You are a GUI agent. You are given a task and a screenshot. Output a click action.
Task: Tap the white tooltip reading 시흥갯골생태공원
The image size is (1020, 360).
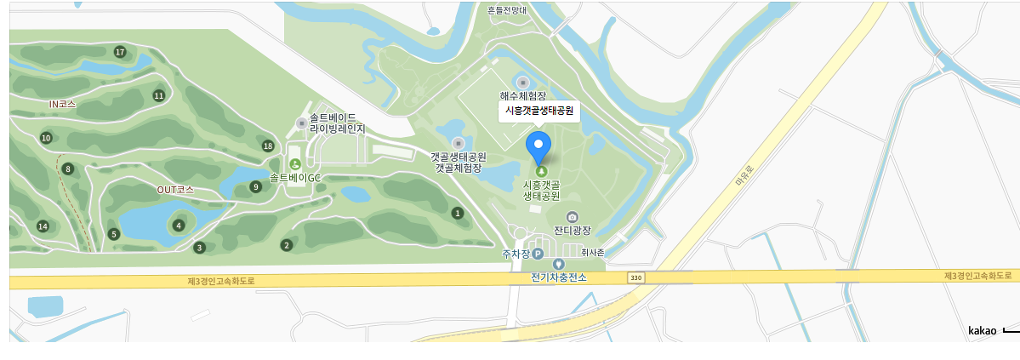[x=539, y=111]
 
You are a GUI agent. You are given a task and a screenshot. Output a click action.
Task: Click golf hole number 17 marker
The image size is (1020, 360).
[x=120, y=52]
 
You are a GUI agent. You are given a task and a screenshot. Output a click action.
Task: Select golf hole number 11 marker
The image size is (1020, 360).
[x=158, y=95]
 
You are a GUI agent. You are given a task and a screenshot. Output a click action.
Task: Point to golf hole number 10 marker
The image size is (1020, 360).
[x=46, y=138]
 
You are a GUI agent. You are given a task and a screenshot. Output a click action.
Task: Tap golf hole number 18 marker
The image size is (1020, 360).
[x=268, y=146]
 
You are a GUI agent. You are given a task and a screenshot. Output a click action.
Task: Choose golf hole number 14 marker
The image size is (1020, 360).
[x=43, y=226]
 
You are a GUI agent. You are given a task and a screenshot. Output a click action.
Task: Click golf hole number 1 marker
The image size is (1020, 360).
[x=458, y=213]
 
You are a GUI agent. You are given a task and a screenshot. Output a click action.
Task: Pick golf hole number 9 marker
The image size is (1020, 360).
[x=255, y=186]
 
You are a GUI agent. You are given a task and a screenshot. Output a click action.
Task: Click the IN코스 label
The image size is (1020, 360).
[x=62, y=104]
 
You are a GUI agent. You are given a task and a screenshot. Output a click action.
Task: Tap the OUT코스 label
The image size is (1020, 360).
[x=175, y=189]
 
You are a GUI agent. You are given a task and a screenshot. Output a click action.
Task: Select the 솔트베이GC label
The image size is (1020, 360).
[x=294, y=178]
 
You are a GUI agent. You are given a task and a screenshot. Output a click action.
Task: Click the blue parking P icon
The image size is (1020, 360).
[x=538, y=254]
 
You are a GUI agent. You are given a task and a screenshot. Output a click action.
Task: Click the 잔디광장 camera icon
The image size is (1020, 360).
[x=572, y=217]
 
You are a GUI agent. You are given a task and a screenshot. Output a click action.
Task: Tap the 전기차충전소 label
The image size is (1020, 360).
[x=559, y=277]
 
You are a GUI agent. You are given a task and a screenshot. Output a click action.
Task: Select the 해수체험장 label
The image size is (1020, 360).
[x=522, y=96]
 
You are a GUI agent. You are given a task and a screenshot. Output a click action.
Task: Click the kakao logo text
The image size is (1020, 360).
[x=982, y=330]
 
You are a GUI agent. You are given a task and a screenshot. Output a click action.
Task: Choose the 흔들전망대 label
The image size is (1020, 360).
[x=508, y=10]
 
